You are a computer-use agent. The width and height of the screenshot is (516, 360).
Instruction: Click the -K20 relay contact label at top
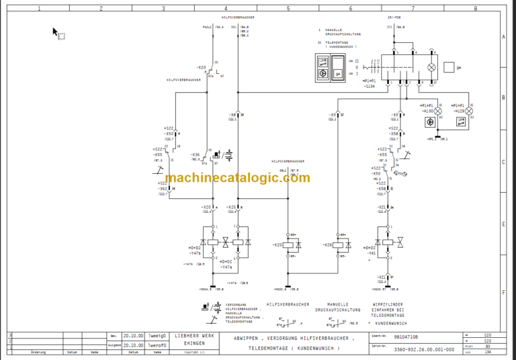pyautogui.click(x=201, y=68)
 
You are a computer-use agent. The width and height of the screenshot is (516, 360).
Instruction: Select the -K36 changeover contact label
pyautogui.click(x=196, y=154)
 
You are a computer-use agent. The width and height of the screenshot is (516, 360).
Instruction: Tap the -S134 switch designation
pyautogui.click(x=370, y=87)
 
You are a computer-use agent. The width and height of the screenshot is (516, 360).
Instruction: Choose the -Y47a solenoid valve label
pyautogui.click(x=226, y=267)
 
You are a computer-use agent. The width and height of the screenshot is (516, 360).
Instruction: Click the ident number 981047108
pyautogui.click(x=406, y=336)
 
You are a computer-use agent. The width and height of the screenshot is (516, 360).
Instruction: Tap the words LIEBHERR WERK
pyautogui.click(x=195, y=335)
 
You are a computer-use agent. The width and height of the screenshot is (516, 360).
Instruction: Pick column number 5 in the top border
pyautogui.click(x=288, y=8)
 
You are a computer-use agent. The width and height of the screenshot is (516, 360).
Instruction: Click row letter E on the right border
pyautogui.click(x=503, y=225)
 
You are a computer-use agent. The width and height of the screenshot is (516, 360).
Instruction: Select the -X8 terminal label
pyautogui.click(x=233, y=115)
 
